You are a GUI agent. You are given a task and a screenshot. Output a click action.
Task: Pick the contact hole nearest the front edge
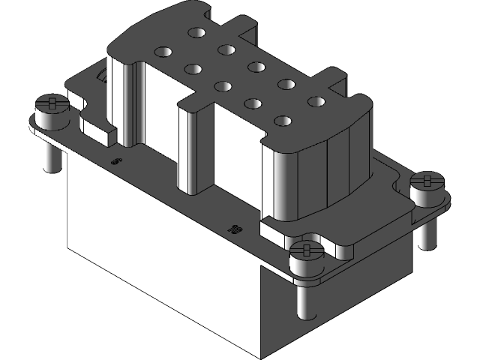tap(283, 120)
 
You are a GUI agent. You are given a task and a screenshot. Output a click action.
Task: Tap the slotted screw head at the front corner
tap(306, 250)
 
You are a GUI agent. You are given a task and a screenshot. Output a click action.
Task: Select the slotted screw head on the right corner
tap(429, 181)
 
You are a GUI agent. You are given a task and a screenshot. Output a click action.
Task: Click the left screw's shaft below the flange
tap(51, 154)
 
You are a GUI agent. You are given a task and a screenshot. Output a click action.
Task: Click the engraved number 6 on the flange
tap(115, 160)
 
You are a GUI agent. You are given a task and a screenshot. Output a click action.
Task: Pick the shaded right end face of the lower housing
tap(337, 300)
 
